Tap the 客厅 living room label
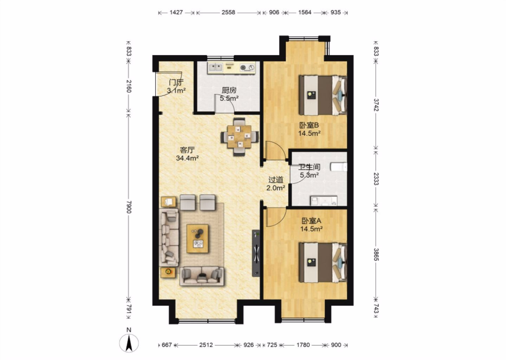click(x=187, y=150)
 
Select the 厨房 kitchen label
click(x=229, y=90)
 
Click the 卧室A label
click(x=311, y=220)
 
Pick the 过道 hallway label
click(x=275, y=180)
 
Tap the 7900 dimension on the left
click(x=129, y=207)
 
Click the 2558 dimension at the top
click(x=228, y=12)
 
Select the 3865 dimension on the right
click(x=376, y=255)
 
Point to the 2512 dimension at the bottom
click(x=206, y=345)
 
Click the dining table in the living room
click(x=239, y=137)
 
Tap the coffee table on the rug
click(x=197, y=239)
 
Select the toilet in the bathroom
click(x=339, y=167)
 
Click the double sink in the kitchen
click(x=216, y=67)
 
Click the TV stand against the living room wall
click(x=256, y=253)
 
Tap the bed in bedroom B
click(x=323, y=95)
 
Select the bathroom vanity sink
click(x=324, y=201)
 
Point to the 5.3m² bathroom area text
click(x=309, y=175)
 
